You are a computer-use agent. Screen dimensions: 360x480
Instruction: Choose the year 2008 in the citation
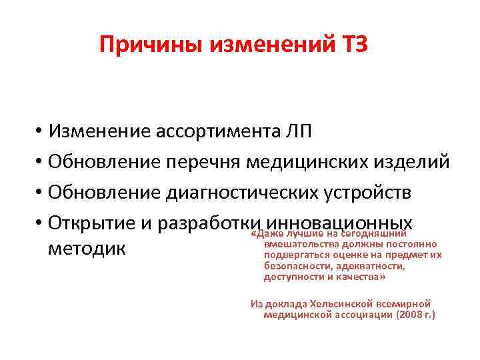click(404, 314)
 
